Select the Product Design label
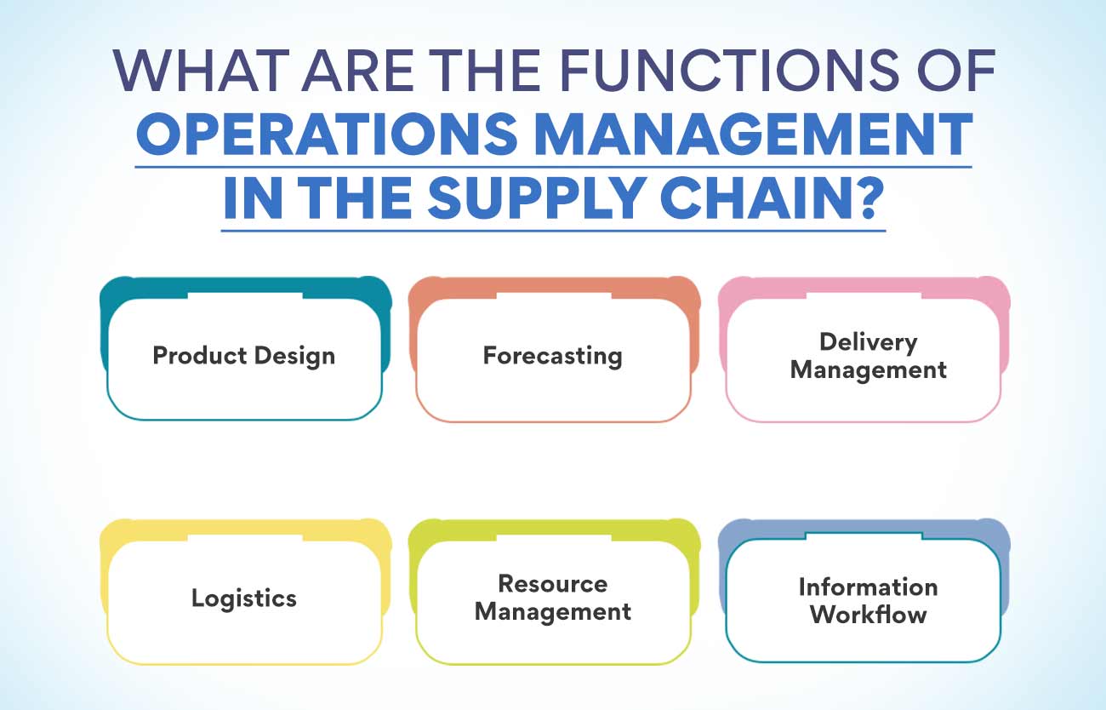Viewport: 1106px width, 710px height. point(243,355)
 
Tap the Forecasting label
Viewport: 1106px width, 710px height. point(552,355)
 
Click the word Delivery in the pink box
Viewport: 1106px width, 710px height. point(868,342)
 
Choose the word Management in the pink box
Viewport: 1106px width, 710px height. point(868,370)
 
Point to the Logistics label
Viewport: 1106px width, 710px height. point(243,598)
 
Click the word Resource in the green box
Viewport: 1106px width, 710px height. point(552,584)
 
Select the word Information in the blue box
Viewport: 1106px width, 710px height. point(868,587)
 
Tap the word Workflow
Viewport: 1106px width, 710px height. point(868,615)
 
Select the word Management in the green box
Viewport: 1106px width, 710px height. point(552,612)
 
